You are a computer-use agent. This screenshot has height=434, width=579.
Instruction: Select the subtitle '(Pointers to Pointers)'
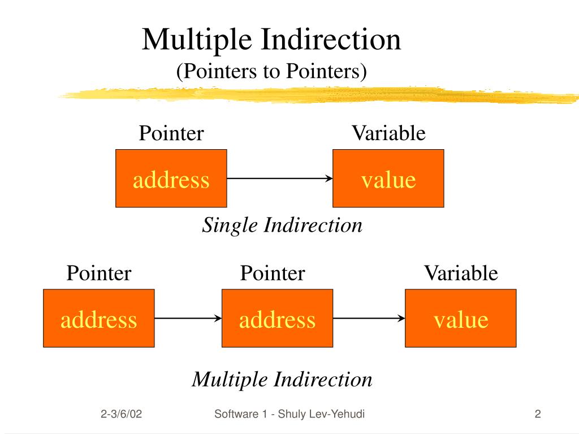click(x=271, y=72)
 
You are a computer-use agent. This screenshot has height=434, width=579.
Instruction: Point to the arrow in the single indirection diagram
click(x=280, y=179)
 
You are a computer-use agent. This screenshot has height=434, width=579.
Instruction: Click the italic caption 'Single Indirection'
click(x=282, y=225)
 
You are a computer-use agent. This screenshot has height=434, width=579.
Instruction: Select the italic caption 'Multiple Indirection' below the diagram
click(x=282, y=379)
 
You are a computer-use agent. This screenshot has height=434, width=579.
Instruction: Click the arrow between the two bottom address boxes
click(x=188, y=318)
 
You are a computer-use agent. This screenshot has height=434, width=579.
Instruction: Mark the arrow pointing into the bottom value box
click(x=369, y=318)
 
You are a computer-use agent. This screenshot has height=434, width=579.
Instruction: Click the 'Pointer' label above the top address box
click(x=171, y=133)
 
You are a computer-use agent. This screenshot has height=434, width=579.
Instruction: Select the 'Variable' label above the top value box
click(x=388, y=133)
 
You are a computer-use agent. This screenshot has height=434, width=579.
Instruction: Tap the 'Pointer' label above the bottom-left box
click(x=99, y=274)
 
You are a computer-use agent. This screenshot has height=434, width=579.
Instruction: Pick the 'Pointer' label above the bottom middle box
click(x=273, y=274)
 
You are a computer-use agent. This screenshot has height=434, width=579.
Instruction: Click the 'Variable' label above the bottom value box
click(x=461, y=274)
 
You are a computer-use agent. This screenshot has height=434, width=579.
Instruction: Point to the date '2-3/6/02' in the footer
click(x=122, y=415)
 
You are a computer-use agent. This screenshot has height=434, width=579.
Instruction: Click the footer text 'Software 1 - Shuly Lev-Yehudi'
click(x=289, y=415)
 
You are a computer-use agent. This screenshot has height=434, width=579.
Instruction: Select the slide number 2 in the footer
click(x=538, y=415)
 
